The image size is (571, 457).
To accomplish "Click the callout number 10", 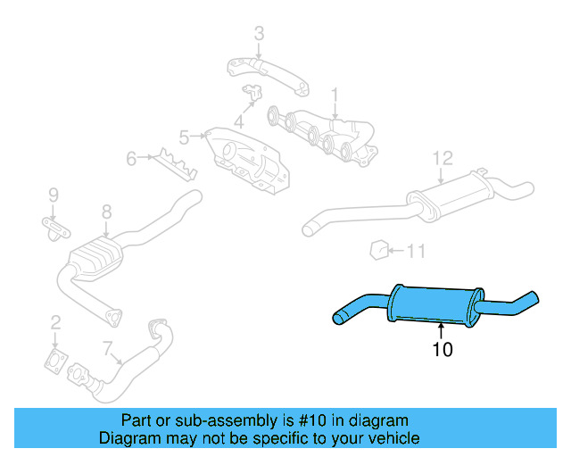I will pyautogui.click(x=443, y=349).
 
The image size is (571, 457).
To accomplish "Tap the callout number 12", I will pyautogui.click(x=443, y=158).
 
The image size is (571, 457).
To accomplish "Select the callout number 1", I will pyautogui.click(x=335, y=94).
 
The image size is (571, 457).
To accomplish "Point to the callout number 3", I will pyautogui.click(x=259, y=35).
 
